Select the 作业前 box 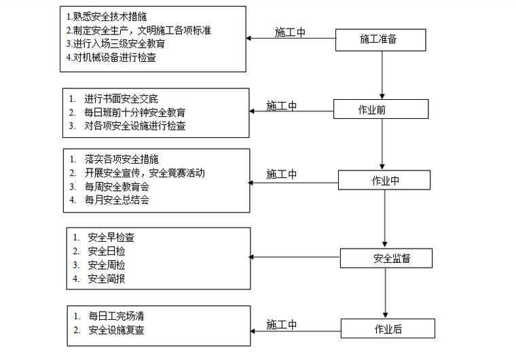(380, 109)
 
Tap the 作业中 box (385, 180)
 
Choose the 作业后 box (387, 329)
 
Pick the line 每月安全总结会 (116, 200)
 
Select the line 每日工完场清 (115, 317)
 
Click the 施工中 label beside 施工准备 (291, 32)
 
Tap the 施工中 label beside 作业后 (282, 324)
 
